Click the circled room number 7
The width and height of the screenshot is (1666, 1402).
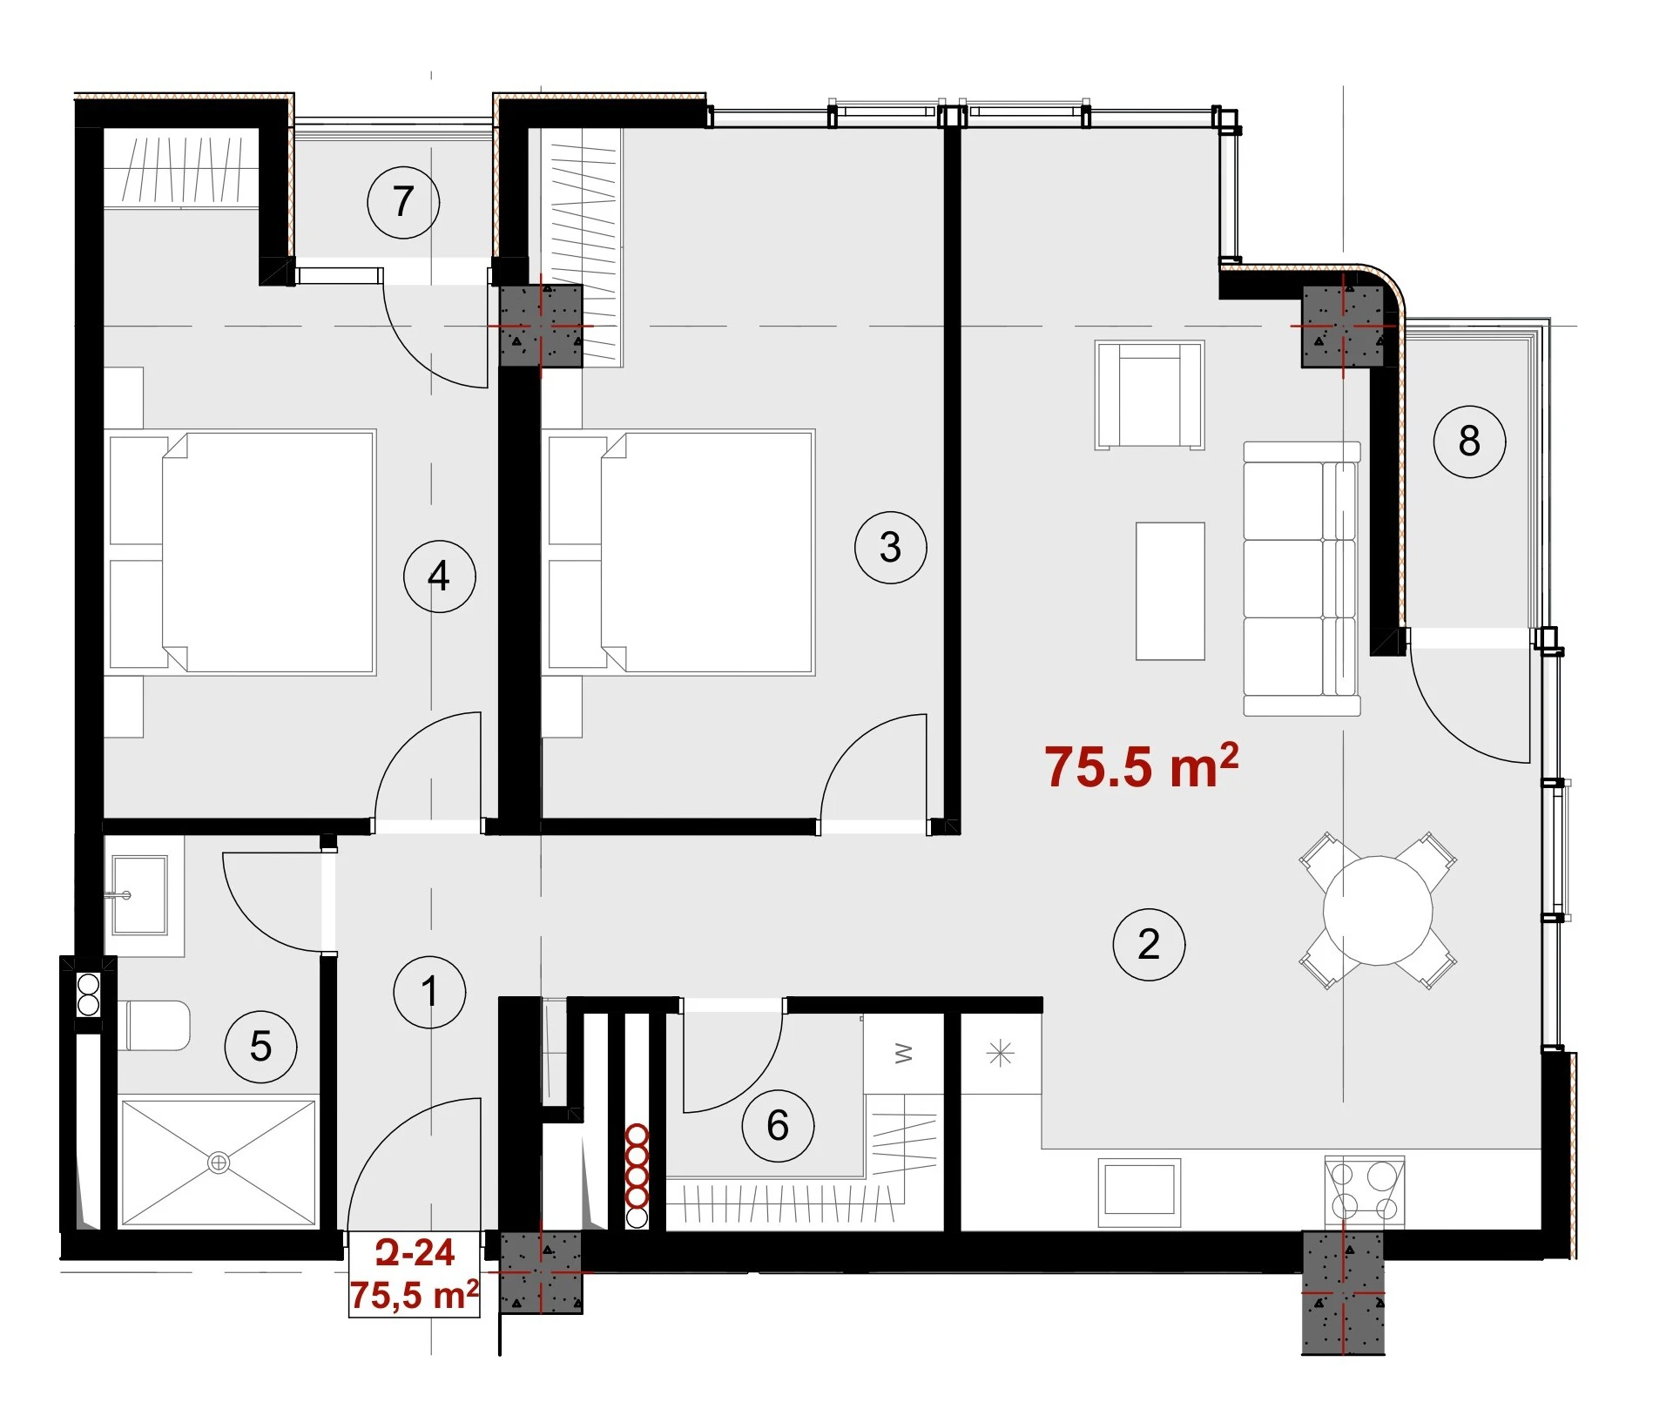pyautogui.click(x=403, y=202)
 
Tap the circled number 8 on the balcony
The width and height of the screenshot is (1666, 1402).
pyautogui.click(x=1469, y=441)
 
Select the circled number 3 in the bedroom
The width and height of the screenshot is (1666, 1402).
pyautogui.click(x=890, y=547)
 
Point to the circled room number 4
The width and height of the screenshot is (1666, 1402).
pyautogui.click(x=439, y=576)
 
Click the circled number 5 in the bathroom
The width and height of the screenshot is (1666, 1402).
pyautogui.click(x=260, y=1046)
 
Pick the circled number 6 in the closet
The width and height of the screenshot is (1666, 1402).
pyautogui.click(x=778, y=1125)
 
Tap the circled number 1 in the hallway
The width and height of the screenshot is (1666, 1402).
pyautogui.click(x=429, y=991)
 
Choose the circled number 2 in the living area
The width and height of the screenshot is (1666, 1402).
pyautogui.click(x=1149, y=944)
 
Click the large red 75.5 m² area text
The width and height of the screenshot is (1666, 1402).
pyautogui.click(x=1141, y=766)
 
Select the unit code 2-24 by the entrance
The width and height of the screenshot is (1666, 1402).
pyautogui.click(x=415, y=1252)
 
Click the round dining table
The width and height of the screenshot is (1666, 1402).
pyautogui.click(x=1378, y=911)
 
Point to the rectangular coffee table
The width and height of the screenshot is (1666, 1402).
pyautogui.click(x=1170, y=591)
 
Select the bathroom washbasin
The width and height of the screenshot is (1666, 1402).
pyautogui.click(x=139, y=895)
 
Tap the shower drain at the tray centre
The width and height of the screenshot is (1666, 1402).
pyautogui.click(x=219, y=1163)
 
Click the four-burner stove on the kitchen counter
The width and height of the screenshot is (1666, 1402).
pyautogui.click(x=1364, y=1191)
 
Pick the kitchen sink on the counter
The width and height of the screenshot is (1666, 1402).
pyautogui.click(x=1139, y=1192)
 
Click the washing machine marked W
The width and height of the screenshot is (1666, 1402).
pyautogui.click(x=904, y=1054)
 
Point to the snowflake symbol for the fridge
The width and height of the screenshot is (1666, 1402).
pyautogui.click(x=1001, y=1054)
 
